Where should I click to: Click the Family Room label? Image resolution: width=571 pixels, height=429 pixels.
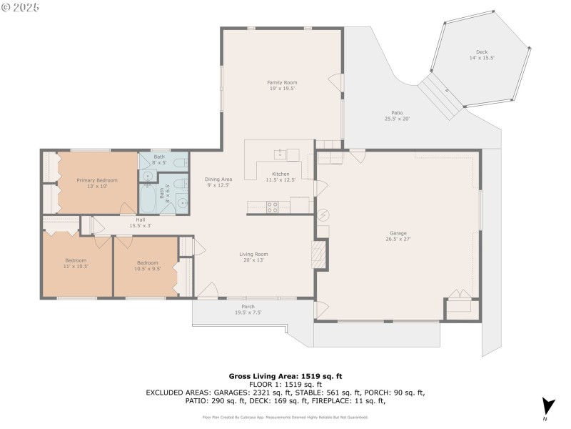[x=281, y=85]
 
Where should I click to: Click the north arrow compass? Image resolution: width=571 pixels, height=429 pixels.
[x=547, y=405]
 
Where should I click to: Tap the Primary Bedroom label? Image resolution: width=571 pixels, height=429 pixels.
[x=97, y=183]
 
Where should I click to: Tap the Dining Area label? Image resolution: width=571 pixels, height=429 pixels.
[x=218, y=182]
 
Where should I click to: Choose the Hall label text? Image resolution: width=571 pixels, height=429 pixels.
[x=140, y=222]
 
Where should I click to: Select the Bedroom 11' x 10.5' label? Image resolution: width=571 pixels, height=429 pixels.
[x=76, y=263]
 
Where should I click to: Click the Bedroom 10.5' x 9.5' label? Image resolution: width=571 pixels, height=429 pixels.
[x=147, y=265]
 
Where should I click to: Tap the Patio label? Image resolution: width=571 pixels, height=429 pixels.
[x=397, y=116]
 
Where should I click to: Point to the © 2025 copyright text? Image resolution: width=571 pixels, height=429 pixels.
[x=21, y=7]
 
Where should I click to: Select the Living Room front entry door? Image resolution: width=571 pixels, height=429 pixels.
[x=207, y=290]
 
